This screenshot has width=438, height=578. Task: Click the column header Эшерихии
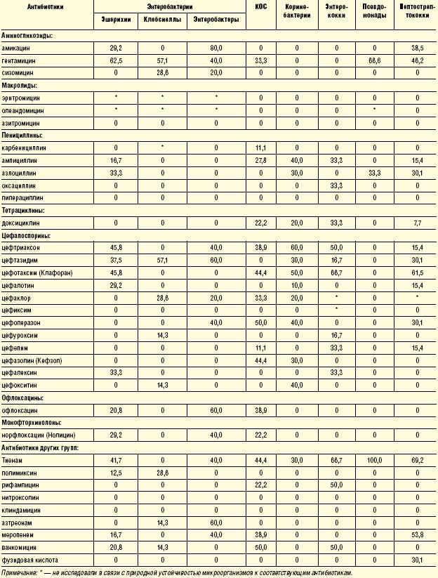[x=115, y=19]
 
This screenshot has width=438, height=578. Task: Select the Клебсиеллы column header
[x=162, y=19]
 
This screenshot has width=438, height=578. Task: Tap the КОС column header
[x=260, y=6]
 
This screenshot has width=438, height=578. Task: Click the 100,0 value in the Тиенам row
[x=375, y=460]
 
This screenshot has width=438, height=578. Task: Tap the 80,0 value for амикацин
[x=215, y=48]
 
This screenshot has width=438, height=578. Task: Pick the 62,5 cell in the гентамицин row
[x=115, y=60]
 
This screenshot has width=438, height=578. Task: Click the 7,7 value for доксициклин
[x=417, y=222]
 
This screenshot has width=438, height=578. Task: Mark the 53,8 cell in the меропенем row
[x=417, y=534]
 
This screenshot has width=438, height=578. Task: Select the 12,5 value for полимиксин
[x=115, y=472]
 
